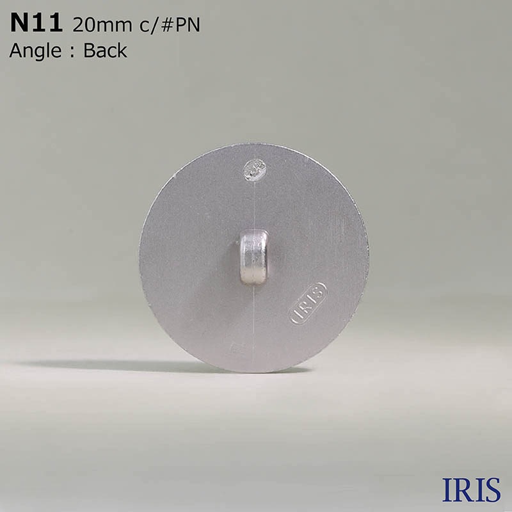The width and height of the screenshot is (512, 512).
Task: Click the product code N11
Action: [x=36, y=24]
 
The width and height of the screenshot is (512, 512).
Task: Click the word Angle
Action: [x=35, y=51]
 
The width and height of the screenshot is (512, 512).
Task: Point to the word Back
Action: [x=105, y=51]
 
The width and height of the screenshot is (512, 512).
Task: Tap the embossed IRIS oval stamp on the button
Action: [x=308, y=303]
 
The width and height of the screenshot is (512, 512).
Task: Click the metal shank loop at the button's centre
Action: [x=253, y=257]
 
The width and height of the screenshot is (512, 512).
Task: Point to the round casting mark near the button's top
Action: [x=255, y=170]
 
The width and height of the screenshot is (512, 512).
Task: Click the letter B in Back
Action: [x=89, y=51]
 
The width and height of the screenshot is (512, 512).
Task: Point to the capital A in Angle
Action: [x=15, y=51]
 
